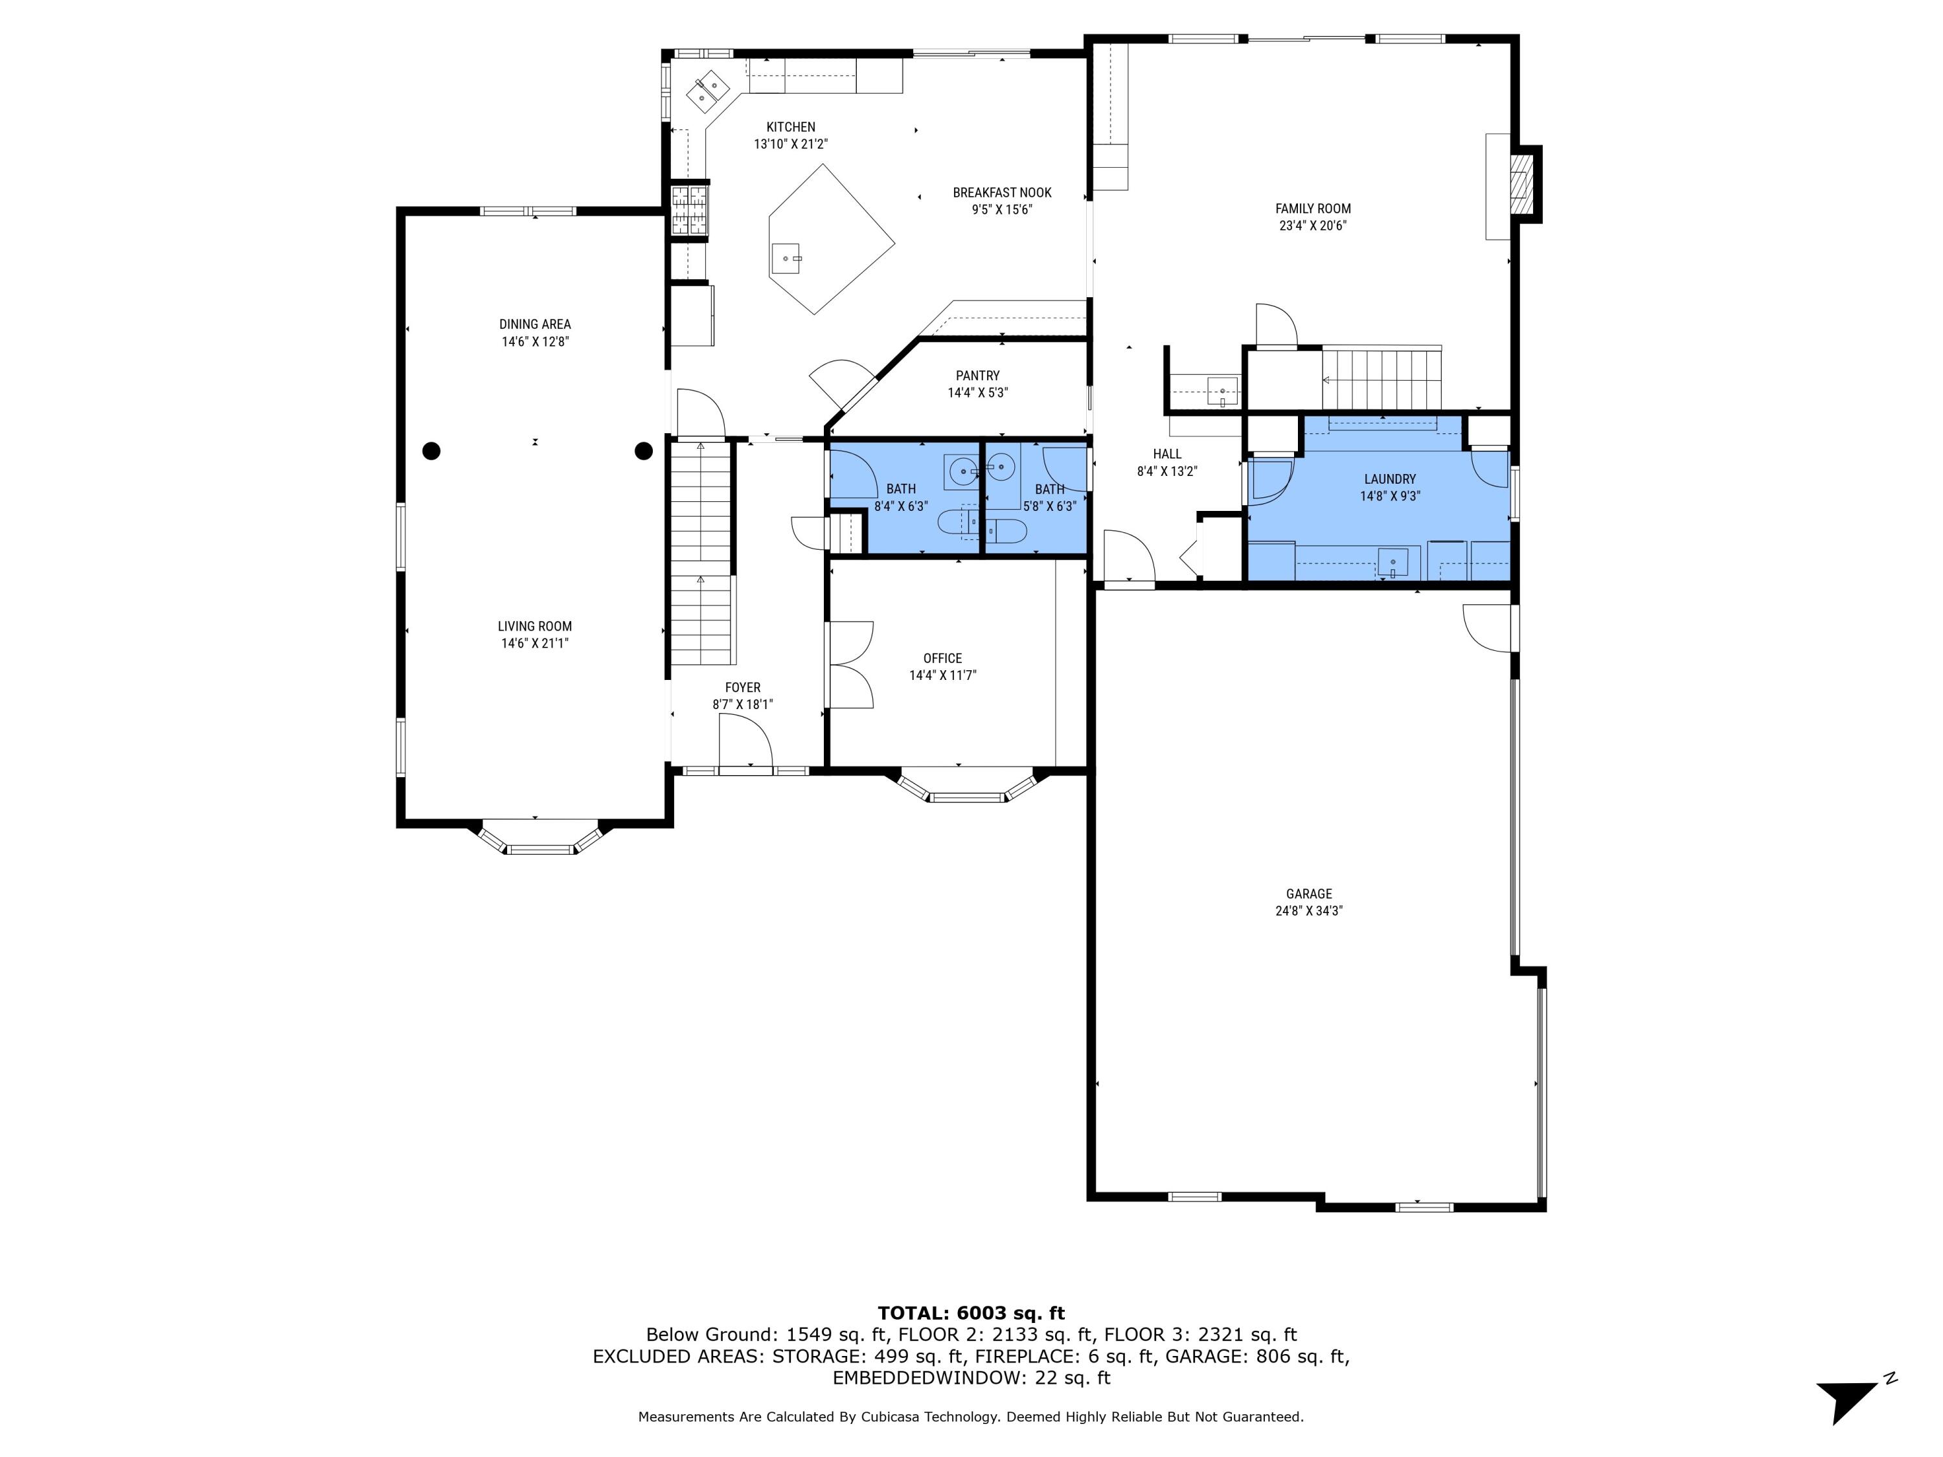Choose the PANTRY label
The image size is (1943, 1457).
pyautogui.click(x=977, y=376)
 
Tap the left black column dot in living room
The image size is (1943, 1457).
pyautogui.click(x=431, y=451)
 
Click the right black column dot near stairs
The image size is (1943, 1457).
pyautogui.click(x=643, y=451)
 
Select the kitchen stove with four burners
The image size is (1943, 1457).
pyautogui.click(x=690, y=209)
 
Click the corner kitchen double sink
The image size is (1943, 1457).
pyautogui.click(x=708, y=89)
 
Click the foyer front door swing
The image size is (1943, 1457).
pyautogui.click(x=745, y=742)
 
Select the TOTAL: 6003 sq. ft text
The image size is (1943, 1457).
pyautogui.click(x=971, y=1313)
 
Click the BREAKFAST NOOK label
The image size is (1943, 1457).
pyautogui.click(x=1001, y=192)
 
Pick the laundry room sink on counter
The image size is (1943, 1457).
pyautogui.click(x=1392, y=562)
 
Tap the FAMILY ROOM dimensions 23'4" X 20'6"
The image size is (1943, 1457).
pyautogui.click(x=1312, y=226)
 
